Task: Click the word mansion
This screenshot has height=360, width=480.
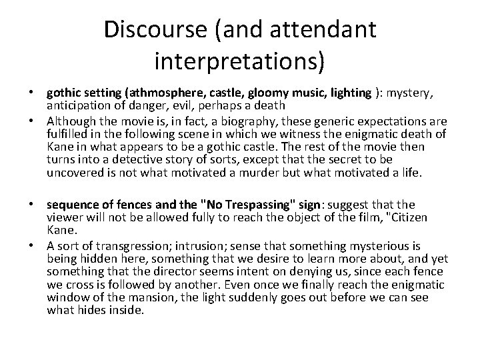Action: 129,298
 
